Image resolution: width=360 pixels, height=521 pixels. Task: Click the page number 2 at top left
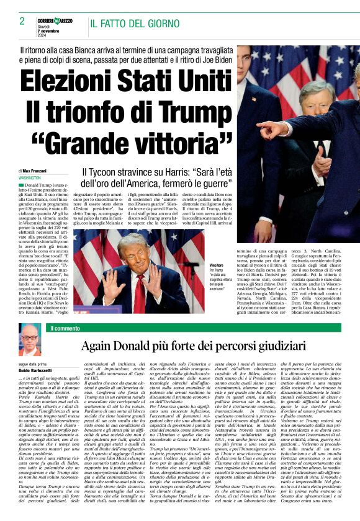[22, 21]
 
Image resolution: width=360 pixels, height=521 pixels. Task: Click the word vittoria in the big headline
[175, 142]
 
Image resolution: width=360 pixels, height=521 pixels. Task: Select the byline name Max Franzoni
[37, 171]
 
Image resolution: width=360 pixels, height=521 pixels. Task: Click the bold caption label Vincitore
[200, 265]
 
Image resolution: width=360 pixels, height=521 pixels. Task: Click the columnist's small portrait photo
[29, 340]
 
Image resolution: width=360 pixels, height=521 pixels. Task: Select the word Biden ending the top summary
[214, 60]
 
